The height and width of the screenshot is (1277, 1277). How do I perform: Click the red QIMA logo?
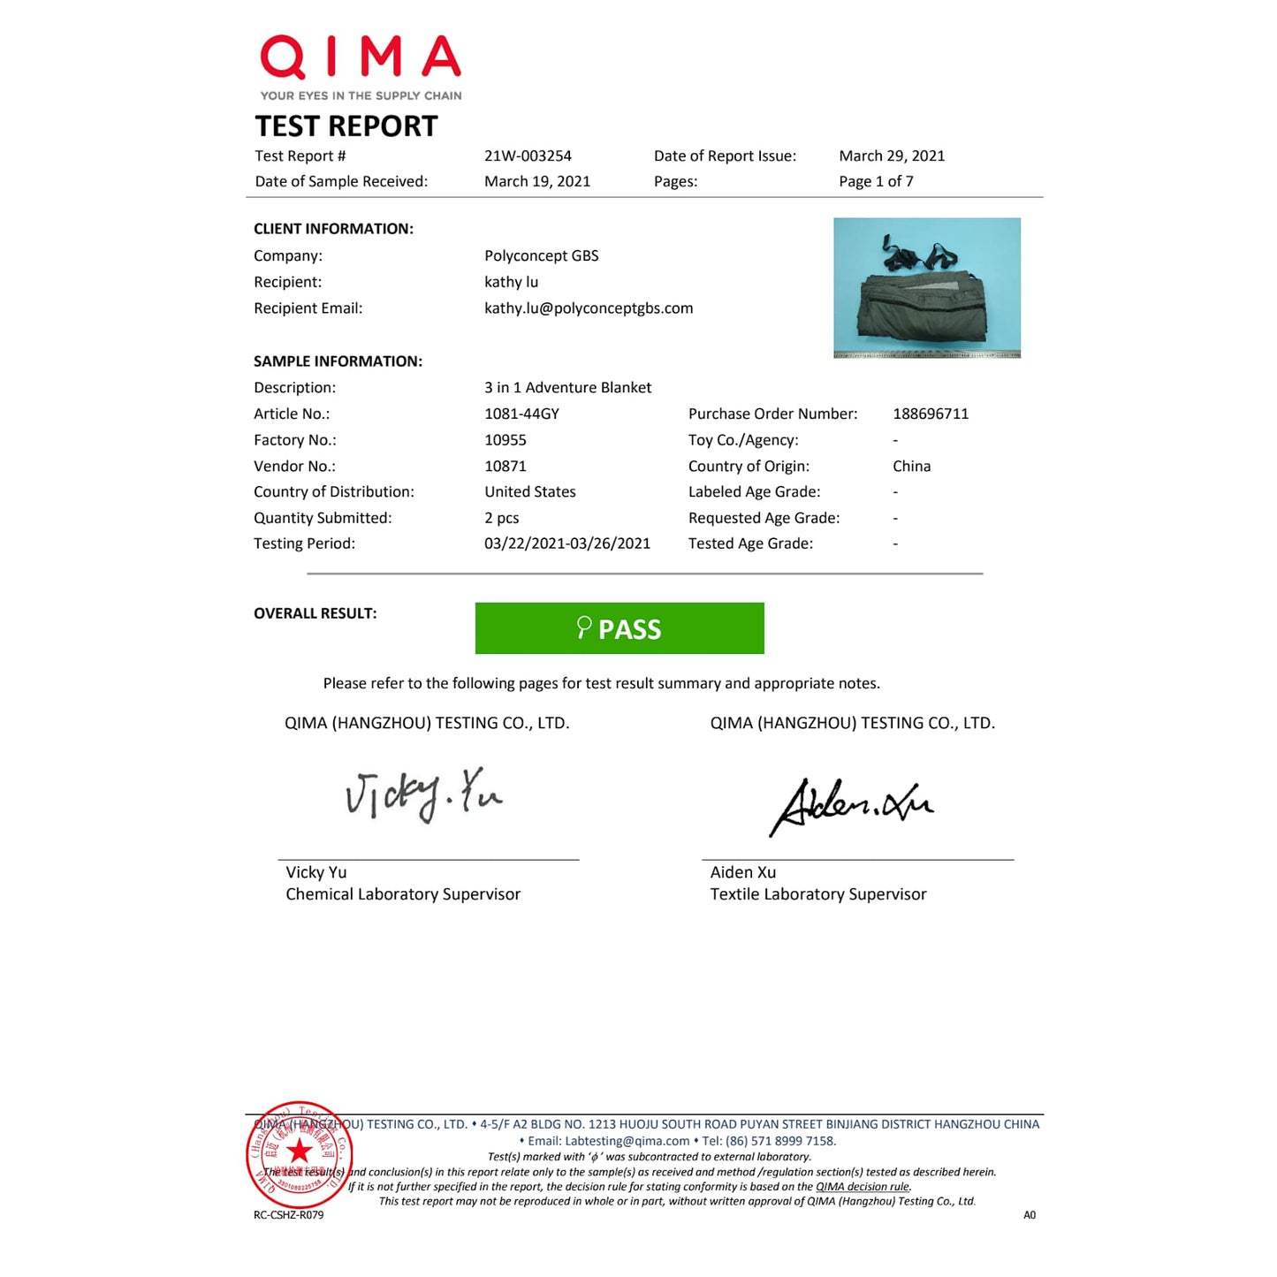361,58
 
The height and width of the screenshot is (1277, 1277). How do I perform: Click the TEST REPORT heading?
346,126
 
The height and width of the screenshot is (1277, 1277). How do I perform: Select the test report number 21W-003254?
528,156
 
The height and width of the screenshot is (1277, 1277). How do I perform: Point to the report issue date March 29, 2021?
892,156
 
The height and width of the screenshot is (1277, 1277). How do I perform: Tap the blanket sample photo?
926,287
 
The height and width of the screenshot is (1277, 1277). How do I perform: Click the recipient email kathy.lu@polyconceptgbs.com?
589,308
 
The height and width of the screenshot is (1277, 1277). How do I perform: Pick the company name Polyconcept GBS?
541,255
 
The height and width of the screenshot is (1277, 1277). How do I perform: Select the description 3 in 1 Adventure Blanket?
567,387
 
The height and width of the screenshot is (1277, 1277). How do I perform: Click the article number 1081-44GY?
521,414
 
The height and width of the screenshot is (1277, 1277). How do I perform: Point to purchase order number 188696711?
931,414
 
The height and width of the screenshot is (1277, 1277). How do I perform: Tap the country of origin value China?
911,466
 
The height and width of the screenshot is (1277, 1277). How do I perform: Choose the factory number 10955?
505,440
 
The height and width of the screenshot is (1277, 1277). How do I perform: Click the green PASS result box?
619,628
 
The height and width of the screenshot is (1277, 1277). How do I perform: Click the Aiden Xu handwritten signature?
851,805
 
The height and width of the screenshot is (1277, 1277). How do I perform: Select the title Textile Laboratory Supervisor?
818,894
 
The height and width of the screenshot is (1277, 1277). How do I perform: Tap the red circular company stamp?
300,1154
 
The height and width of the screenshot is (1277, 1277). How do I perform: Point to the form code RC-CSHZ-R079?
288,1215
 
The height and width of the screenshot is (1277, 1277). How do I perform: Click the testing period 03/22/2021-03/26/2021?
566,543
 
